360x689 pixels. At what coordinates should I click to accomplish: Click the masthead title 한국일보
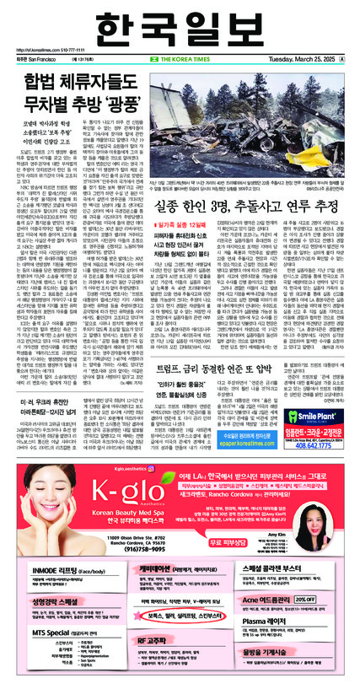[x=180, y=24]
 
